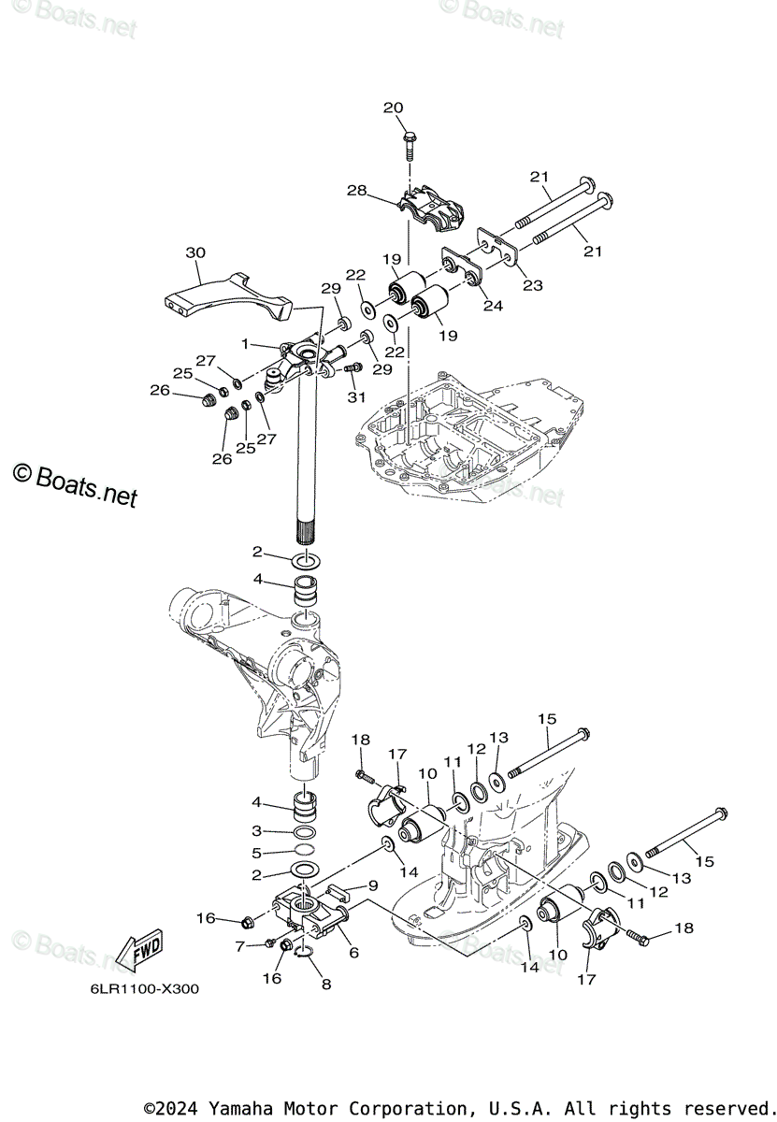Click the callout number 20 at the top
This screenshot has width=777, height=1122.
tap(393, 108)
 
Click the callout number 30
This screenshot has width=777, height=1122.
tap(195, 253)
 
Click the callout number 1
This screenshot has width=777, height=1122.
tap(245, 344)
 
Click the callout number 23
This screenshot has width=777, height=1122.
tap(532, 286)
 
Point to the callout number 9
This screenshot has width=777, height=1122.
tap(372, 885)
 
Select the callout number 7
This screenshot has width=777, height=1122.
tap(240, 946)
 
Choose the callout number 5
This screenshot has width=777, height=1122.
tap(257, 852)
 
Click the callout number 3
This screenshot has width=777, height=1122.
tap(257, 830)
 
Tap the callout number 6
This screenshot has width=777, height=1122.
tap(353, 952)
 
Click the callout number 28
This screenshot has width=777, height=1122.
tap(357, 191)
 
